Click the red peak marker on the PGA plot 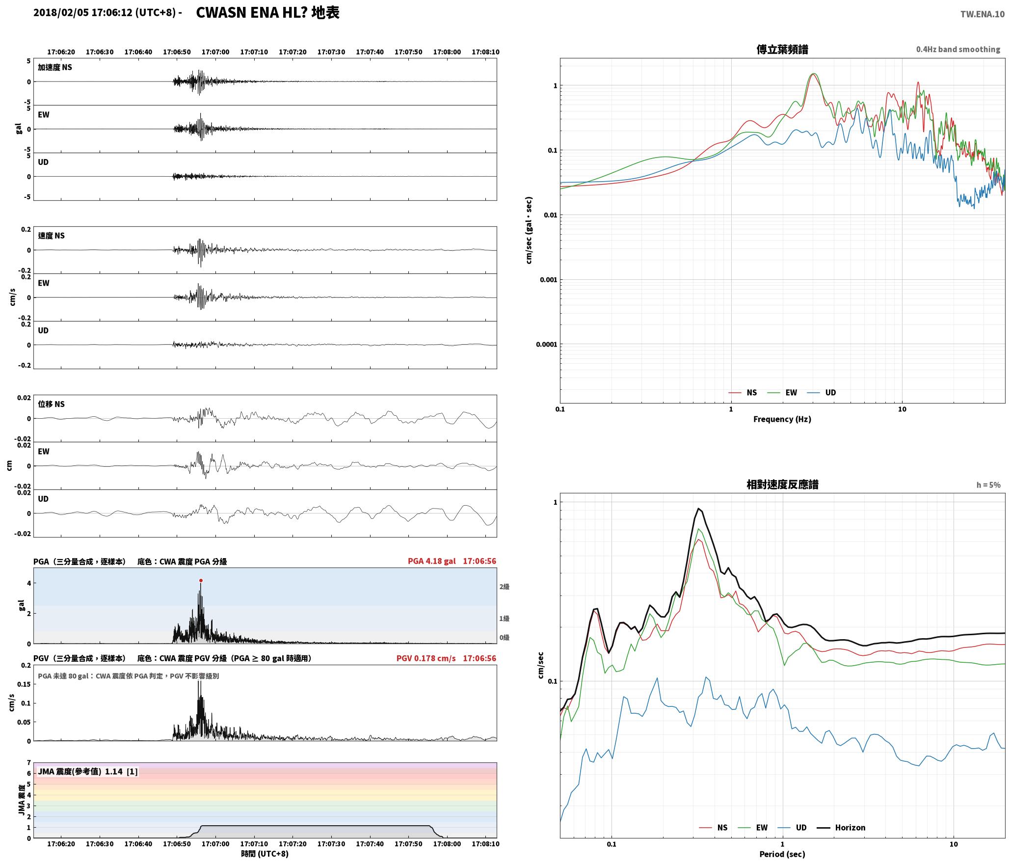pos(201,580)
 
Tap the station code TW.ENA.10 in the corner pos(983,14)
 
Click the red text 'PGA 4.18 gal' pos(431,561)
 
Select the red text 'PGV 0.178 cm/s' pos(426,658)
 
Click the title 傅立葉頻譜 pos(782,49)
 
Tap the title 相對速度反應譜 pos(782,485)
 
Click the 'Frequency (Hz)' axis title pos(782,419)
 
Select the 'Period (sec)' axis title pos(782,854)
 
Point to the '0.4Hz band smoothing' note pos(958,49)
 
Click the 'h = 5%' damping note pos(988,485)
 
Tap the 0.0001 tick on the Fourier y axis pos(546,344)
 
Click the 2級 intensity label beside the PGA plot pos(505,587)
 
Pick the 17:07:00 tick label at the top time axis pos(215,52)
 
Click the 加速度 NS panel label pos(55,67)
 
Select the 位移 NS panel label pos(52,404)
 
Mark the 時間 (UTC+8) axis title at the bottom pos(265,854)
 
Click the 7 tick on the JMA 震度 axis pos(29,763)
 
